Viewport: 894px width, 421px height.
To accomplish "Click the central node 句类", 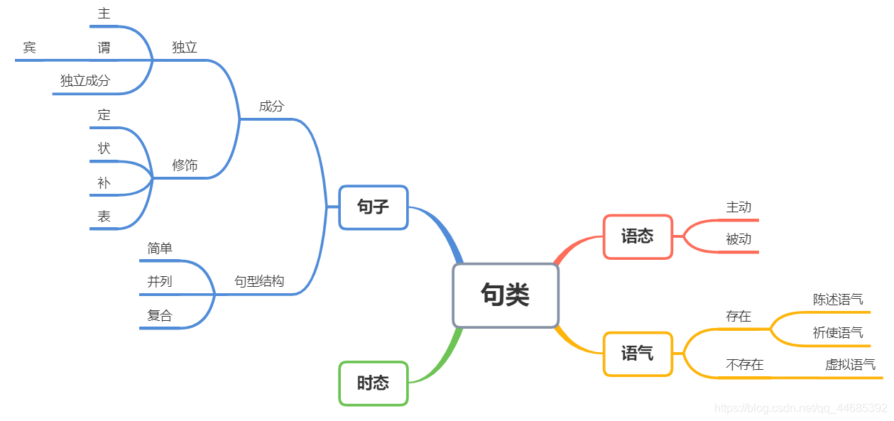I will pyautogui.click(x=506, y=295).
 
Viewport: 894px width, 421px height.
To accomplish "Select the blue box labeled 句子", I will pyautogui.click(x=374, y=207).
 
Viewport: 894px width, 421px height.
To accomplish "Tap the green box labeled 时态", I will pyautogui.click(x=374, y=383).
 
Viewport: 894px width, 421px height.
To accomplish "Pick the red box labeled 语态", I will pyautogui.click(x=638, y=236).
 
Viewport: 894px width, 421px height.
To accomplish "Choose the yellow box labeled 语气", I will pyautogui.click(x=638, y=354).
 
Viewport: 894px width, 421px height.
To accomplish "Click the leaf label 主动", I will pyautogui.click(x=738, y=207).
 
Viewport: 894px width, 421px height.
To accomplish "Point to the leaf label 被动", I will pyautogui.click(x=738, y=239).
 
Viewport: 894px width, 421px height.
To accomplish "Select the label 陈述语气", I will pyautogui.click(x=838, y=300).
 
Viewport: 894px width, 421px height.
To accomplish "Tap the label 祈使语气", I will pyautogui.click(x=838, y=333).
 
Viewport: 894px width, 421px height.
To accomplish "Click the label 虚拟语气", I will pyautogui.click(x=850, y=365).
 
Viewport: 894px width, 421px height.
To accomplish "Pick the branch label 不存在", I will pyautogui.click(x=744, y=365).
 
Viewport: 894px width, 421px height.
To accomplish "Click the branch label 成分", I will pyautogui.click(x=271, y=106).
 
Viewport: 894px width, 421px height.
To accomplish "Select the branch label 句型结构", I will pyautogui.click(x=259, y=282).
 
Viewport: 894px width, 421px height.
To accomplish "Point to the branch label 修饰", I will pyautogui.click(x=185, y=165).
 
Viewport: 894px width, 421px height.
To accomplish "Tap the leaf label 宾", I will pyautogui.click(x=29, y=48).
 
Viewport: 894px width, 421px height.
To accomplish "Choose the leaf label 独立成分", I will pyautogui.click(x=85, y=81).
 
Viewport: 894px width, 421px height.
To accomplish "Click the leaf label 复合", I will pyautogui.click(x=160, y=316).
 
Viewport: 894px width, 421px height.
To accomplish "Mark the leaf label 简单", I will pyautogui.click(x=160, y=248).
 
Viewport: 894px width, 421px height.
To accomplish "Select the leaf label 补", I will pyautogui.click(x=104, y=183).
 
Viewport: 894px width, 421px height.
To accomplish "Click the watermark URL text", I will pyautogui.click(x=800, y=408).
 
